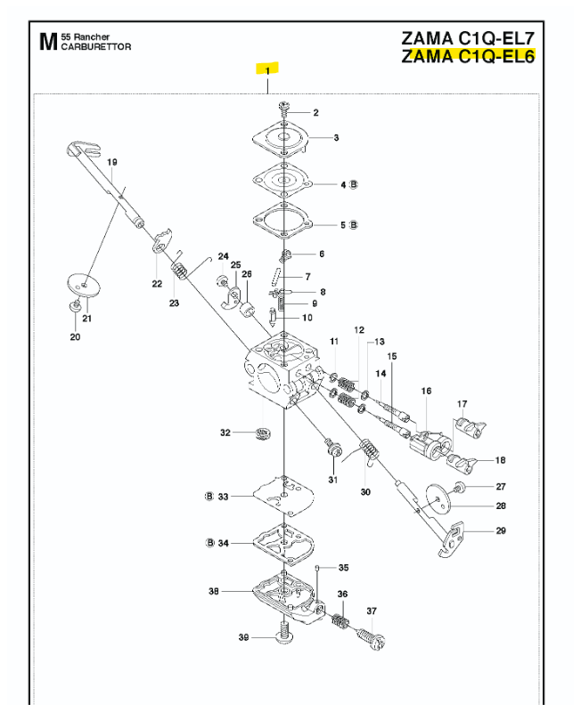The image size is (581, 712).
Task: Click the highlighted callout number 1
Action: tap(267, 71)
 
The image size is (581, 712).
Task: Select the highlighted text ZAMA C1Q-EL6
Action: tap(468, 56)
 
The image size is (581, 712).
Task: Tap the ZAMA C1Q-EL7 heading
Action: tap(468, 37)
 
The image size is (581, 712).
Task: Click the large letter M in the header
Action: tap(48, 42)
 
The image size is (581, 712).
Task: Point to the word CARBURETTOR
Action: tap(96, 47)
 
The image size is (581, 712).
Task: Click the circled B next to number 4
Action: tap(354, 184)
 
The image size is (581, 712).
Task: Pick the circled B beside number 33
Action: tap(209, 497)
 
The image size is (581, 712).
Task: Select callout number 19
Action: tap(112, 162)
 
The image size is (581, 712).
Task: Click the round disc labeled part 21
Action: tap(83, 285)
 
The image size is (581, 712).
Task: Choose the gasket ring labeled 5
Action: tap(282, 221)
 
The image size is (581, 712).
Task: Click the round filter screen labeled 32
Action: tap(262, 433)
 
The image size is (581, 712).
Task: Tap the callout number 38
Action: tap(214, 591)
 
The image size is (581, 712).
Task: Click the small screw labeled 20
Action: tap(75, 306)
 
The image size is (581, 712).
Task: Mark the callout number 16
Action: tap(426, 391)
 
